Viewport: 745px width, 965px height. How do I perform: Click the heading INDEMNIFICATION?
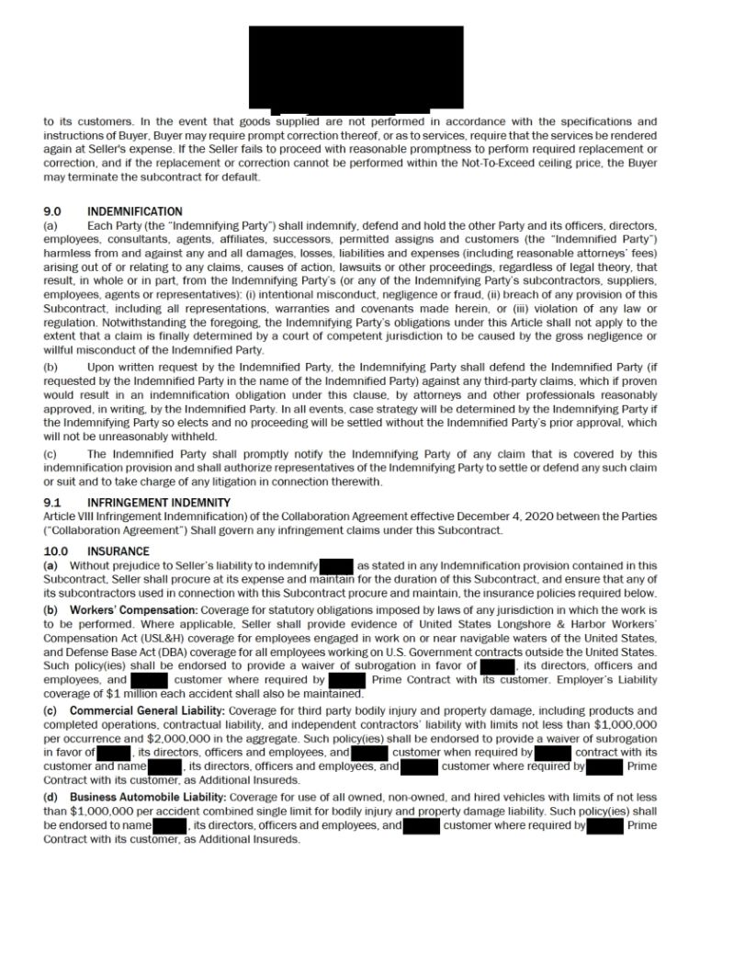(134, 211)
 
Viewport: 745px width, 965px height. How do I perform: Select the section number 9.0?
(52, 211)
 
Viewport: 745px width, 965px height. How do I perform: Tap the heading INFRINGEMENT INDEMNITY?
(159, 503)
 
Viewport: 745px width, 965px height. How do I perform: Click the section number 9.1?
(52, 503)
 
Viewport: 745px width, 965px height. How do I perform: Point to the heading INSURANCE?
(118, 552)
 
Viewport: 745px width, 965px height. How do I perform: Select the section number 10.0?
(56, 552)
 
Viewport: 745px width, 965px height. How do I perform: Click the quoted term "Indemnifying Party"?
(191, 225)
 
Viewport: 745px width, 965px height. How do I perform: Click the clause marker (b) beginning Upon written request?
(51, 366)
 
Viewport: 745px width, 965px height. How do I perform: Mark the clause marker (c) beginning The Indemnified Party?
(51, 454)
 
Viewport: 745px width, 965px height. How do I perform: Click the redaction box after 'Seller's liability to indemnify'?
(336, 565)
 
